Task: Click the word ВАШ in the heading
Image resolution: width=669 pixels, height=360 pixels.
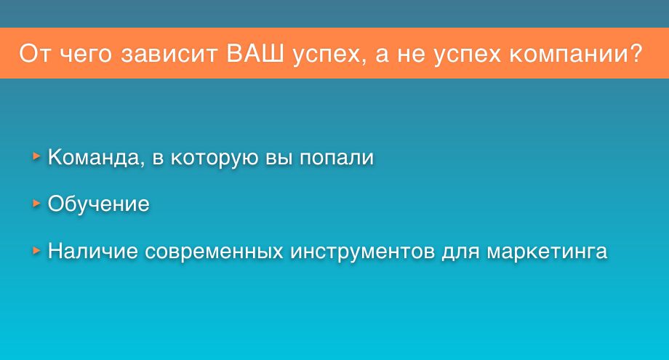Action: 255,53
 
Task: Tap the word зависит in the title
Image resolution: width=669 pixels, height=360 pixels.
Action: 169,54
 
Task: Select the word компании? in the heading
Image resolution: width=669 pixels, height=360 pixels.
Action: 576,54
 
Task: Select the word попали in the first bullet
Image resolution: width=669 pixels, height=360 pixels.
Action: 337,158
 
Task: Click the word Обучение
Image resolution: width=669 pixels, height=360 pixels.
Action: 99,204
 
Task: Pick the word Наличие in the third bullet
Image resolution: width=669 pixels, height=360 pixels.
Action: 92,250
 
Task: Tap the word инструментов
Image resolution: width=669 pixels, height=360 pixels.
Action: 363,252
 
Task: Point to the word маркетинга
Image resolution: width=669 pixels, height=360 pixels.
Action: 547,252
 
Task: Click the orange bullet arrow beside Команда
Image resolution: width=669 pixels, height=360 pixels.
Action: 36,156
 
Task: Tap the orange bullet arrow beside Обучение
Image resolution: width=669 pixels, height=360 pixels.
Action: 36,204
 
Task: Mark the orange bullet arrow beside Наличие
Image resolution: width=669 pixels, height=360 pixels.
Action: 36,250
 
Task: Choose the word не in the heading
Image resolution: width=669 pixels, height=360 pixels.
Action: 412,55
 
